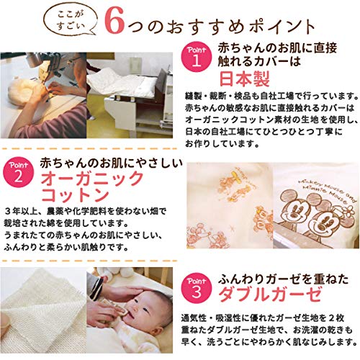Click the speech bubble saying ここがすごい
click(71, 21)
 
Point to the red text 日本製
click(245, 78)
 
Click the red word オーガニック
click(92, 179)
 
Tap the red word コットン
click(76, 195)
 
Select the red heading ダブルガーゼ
click(270, 294)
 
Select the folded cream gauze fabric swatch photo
click(43, 310)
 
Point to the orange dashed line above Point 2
click(89, 149)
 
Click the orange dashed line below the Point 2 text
click(89, 261)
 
